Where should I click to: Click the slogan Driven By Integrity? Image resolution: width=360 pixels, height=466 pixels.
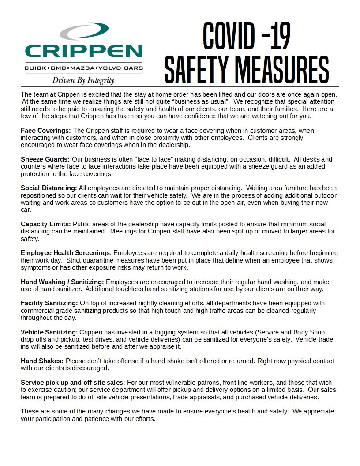83,80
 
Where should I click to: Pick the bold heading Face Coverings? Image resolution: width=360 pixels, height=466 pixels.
46,131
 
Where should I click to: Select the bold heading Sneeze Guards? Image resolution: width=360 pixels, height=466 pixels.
45,159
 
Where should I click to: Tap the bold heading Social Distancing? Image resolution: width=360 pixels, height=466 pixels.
49,188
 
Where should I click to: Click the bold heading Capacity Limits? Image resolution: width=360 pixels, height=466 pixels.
45,224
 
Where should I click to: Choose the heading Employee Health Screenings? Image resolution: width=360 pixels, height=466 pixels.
66,253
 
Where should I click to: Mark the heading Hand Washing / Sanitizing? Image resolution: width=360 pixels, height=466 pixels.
62,282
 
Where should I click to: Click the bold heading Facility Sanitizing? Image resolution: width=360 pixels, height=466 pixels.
49,303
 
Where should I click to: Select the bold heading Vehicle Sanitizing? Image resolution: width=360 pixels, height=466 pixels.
49,332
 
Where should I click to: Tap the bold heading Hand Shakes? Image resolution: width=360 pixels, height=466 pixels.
42,361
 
